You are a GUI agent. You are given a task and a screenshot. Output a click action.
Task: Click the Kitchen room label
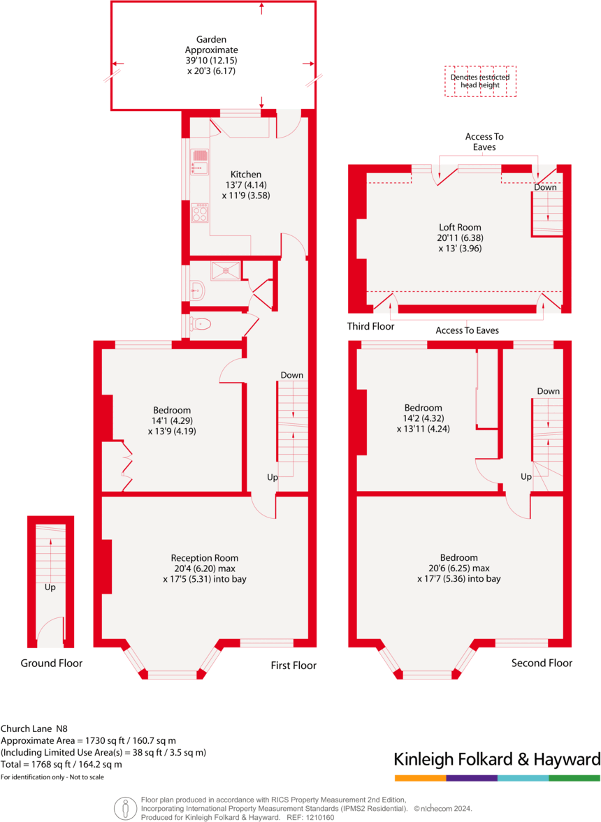click(246, 175)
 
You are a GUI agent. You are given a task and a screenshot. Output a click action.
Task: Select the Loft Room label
click(460, 227)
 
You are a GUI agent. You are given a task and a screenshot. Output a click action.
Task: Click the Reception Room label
click(205, 558)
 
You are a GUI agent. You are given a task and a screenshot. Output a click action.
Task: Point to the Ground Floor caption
click(51, 663)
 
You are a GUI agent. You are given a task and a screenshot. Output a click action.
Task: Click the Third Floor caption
click(370, 326)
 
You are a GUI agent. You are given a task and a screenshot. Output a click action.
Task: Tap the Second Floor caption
click(542, 663)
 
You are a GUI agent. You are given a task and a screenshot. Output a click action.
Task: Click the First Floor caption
click(294, 666)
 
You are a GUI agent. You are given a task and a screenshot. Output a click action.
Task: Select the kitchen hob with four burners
click(200, 212)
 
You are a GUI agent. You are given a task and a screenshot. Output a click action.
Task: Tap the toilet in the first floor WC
click(201, 323)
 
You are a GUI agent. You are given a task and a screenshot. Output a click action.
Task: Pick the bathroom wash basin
click(197, 290)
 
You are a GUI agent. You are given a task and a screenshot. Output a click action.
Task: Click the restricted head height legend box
click(480, 81)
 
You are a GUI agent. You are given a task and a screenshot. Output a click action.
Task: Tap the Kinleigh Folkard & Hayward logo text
click(497, 759)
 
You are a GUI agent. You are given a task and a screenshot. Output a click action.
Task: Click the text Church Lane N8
click(36, 728)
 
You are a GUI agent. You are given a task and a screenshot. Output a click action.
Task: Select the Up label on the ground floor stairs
click(50, 587)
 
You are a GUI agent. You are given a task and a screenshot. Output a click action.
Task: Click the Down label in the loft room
click(546, 187)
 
